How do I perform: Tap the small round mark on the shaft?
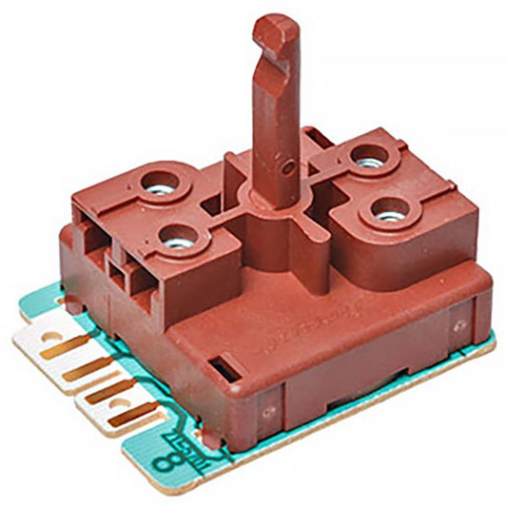[x=287, y=164]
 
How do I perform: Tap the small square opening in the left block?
[x=120, y=278]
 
